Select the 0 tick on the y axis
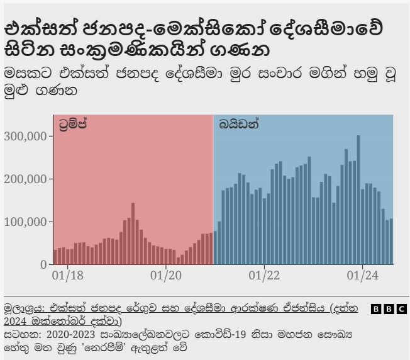coord(43,264)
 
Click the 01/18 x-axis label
coord(67,275)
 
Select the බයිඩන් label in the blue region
coord(239,124)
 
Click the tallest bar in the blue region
coord(358,200)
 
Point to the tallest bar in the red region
coord(133,233)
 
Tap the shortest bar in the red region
coord(178,261)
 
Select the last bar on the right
coord(391,242)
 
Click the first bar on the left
coord(55,257)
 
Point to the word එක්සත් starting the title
coord(35,30)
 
